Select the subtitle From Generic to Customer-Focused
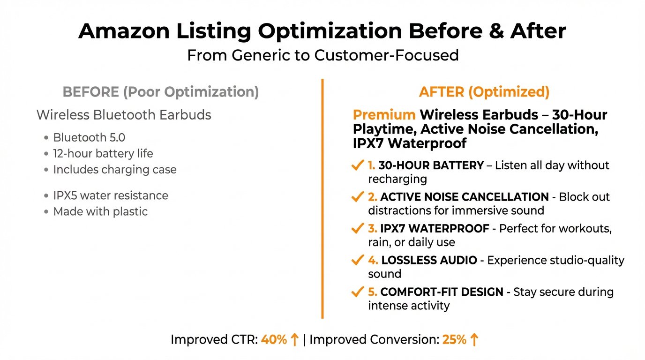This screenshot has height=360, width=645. coord(322,55)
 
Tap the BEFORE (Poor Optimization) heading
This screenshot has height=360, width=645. coord(161,92)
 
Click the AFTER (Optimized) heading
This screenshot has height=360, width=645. coord(484,92)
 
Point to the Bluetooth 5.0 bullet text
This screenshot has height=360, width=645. coord(89,137)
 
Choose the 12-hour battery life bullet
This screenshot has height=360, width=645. coord(103,153)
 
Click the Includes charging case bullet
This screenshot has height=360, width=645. coord(115,170)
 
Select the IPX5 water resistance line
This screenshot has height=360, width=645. coord(111,195)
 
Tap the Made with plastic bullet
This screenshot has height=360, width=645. coord(100,211)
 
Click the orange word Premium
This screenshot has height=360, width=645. coord(384,115)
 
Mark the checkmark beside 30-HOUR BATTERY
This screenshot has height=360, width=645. coord(357,165)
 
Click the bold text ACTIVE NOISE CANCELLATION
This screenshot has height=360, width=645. coord(464,197)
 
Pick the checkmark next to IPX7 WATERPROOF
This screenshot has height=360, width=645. coord(357,229)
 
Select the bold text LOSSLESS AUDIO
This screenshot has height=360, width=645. coord(429,260)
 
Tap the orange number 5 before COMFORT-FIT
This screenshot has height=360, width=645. coord(372,292)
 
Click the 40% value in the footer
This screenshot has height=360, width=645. coord(274,340)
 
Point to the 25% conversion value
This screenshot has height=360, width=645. coord(454,340)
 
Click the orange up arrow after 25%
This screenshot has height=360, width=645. coord(474,340)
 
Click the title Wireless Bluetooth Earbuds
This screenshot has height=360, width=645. coord(124,115)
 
